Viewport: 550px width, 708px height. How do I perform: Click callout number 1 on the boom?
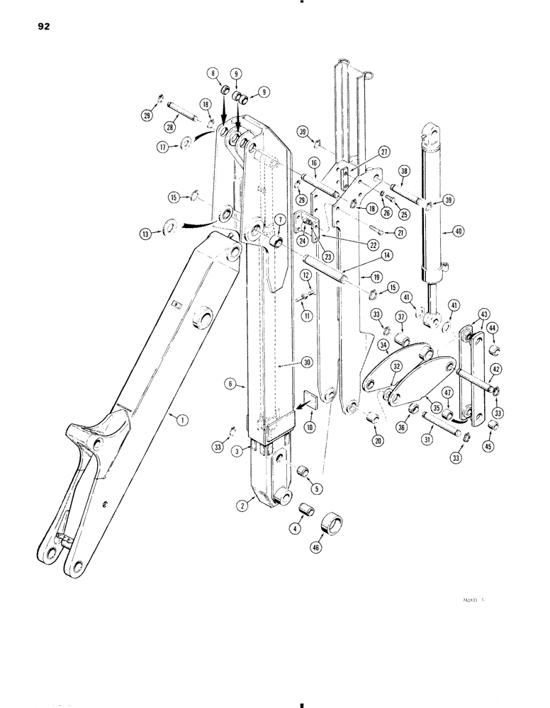(x=182, y=421)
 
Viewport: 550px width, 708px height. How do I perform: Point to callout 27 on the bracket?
(x=364, y=151)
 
